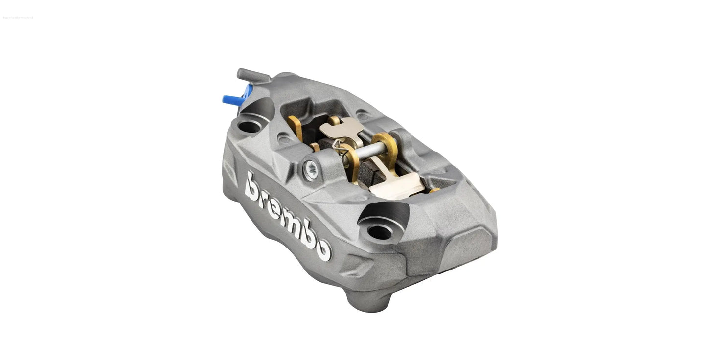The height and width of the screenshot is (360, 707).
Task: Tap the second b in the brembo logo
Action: click(x=308, y=235)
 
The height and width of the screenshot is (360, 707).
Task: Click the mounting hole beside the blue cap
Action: click(x=249, y=126)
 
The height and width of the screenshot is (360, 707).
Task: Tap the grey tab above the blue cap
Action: click(x=252, y=75)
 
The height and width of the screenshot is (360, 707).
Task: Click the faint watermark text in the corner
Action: click(x=18, y=18)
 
